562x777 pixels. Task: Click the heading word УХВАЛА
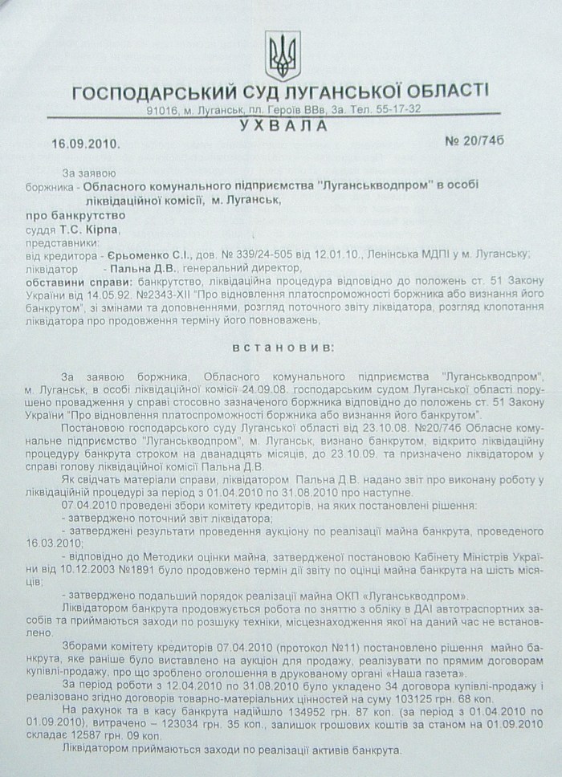[283, 126]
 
